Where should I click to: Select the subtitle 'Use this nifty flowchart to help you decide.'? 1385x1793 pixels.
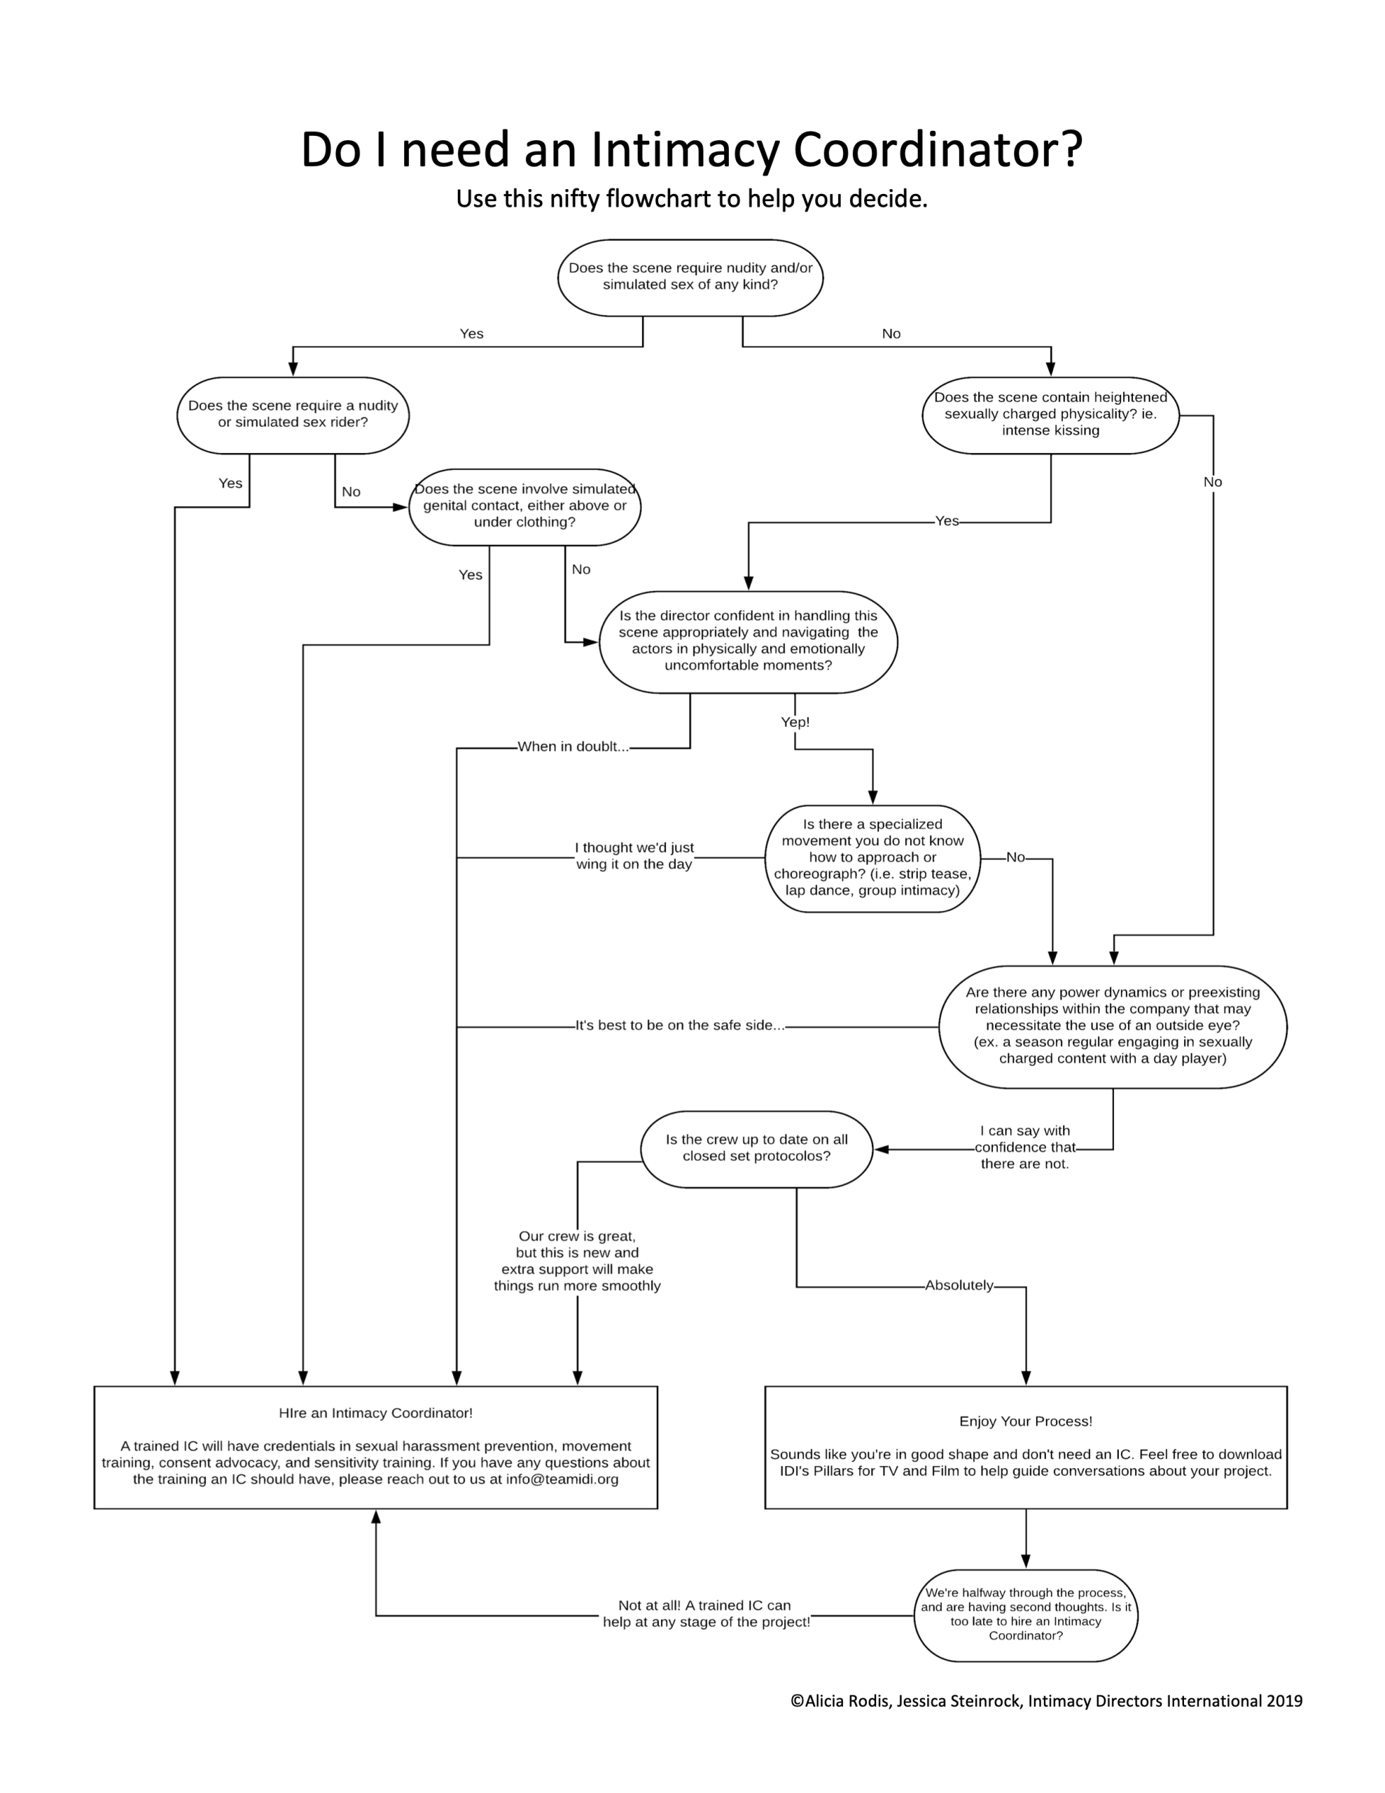coord(691,199)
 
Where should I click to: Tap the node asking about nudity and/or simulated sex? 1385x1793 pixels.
coord(690,277)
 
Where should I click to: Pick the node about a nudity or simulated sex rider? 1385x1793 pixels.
coord(293,415)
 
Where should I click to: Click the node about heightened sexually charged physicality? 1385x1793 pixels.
coord(1050,415)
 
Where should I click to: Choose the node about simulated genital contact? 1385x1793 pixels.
coord(524,506)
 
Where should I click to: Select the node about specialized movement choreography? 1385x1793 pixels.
coord(872,858)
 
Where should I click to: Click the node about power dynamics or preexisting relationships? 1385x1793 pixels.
coord(1113,1026)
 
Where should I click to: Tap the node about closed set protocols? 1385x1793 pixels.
coord(756,1149)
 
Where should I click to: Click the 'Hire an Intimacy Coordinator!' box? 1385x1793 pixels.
coord(376,1446)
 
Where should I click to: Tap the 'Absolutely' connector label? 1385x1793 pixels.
coord(959,1286)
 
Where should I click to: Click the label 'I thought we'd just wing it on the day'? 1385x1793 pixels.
coord(634,857)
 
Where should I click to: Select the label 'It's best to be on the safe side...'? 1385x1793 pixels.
coord(680,1025)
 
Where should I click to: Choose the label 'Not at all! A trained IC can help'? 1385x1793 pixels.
coord(705,1613)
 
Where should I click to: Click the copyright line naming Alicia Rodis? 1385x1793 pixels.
coord(1046,1701)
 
